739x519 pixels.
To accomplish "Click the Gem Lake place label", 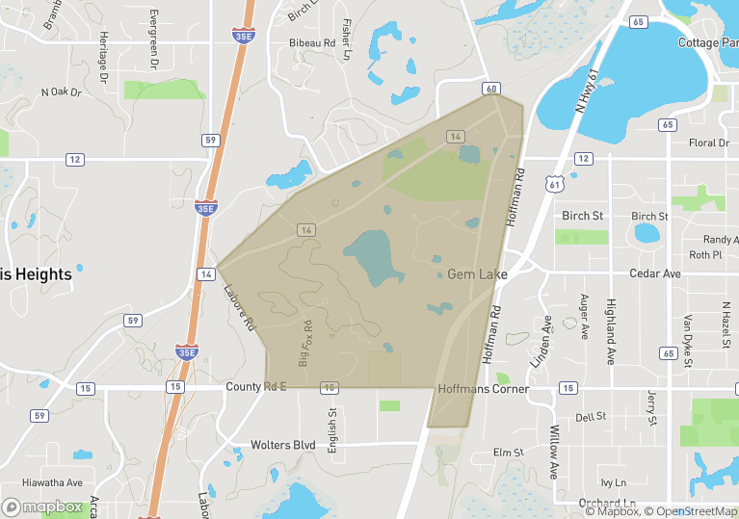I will click(x=477, y=274).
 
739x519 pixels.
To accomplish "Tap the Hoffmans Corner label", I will click(x=483, y=389).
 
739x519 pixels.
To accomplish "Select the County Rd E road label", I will click(x=257, y=386).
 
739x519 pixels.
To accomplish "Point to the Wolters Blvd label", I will click(x=283, y=445).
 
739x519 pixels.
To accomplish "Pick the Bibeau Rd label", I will click(x=312, y=43).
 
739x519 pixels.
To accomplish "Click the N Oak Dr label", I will click(x=62, y=92).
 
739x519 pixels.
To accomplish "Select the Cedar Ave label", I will click(x=654, y=273).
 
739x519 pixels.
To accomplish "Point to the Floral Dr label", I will click(x=709, y=143).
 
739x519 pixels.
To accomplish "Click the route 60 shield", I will click(x=492, y=89).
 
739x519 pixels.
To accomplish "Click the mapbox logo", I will click(x=43, y=506).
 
